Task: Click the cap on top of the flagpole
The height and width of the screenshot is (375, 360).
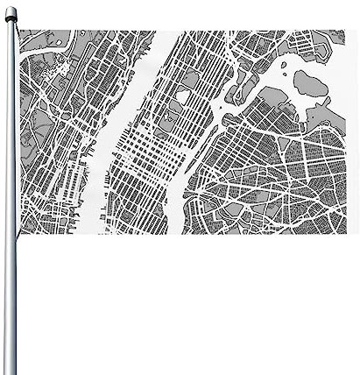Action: coord(9,10)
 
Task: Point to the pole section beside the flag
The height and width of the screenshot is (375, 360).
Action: coord(10,131)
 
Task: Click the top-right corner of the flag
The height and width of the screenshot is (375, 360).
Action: coord(345,31)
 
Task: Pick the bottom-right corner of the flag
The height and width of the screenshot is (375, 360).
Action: coord(345,234)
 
